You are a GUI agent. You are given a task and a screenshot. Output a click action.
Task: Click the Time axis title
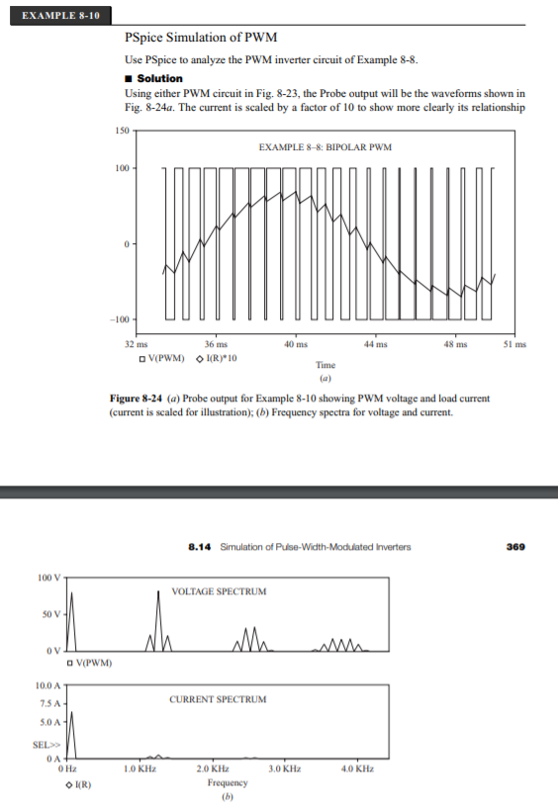point(325,365)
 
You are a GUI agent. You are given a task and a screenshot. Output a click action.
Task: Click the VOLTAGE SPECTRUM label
point(219,591)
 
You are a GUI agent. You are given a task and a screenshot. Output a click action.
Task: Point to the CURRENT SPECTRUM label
point(218,699)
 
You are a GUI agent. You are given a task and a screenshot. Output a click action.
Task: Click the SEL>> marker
point(47,745)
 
